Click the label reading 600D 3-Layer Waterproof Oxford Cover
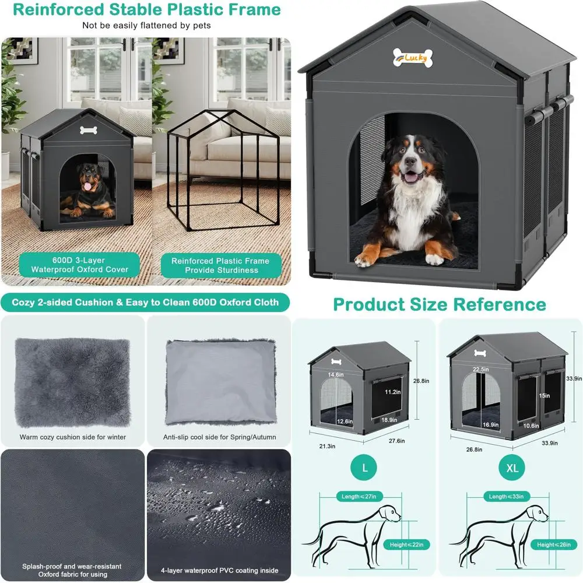tap(80, 265)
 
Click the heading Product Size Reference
tap(439, 304)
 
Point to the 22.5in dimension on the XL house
tap(480, 369)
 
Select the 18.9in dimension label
tap(389, 420)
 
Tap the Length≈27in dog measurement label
tap(360, 497)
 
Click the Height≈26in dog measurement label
tap(553, 545)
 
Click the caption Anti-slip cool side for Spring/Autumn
tap(219, 437)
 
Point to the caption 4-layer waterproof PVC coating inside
tap(219, 570)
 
